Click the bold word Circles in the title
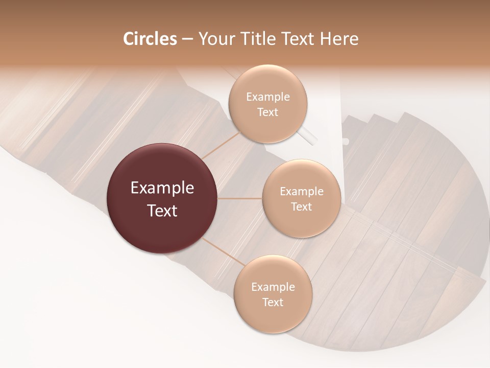point(150,39)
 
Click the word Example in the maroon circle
point(162,188)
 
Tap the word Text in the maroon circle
point(162,211)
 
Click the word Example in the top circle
point(268,97)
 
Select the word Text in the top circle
point(267,112)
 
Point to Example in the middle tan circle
point(302,192)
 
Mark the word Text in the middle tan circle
point(301,206)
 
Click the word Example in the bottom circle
point(273,287)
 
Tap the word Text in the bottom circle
point(273,302)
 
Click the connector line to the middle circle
point(240,198)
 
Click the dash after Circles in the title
point(187,39)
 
